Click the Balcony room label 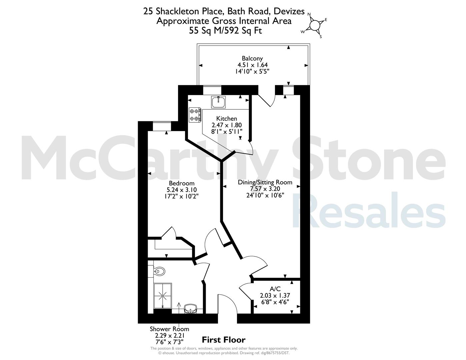pyautogui.click(x=252, y=59)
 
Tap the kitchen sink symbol pyautogui.click(x=218, y=102)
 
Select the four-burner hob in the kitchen pyautogui.click(x=195, y=115)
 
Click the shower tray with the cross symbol pyautogui.click(x=163, y=296)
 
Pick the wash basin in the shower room pyautogui.click(x=190, y=309)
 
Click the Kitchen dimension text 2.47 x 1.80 pyautogui.click(x=227, y=125)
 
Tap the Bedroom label pyautogui.click(x=182, y=183)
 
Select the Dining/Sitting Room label pyautogui.click(x=265, y=182)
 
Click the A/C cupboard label pyautogui.click(x=275, y=289)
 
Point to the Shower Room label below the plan pyautogui.click(x=169, y=329)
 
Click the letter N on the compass pyautogui.click(x=309, y=14)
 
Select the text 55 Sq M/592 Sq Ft pyautogui.click(x=225, y=31)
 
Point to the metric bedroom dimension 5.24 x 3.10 pyautogui.click(x=182, y=190)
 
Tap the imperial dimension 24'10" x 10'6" pyautogui.click(x=265, y=195)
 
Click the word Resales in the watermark pyautogui.click(x=369, y=210)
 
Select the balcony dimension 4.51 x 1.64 pyautogui.click(x=252, y=65)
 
